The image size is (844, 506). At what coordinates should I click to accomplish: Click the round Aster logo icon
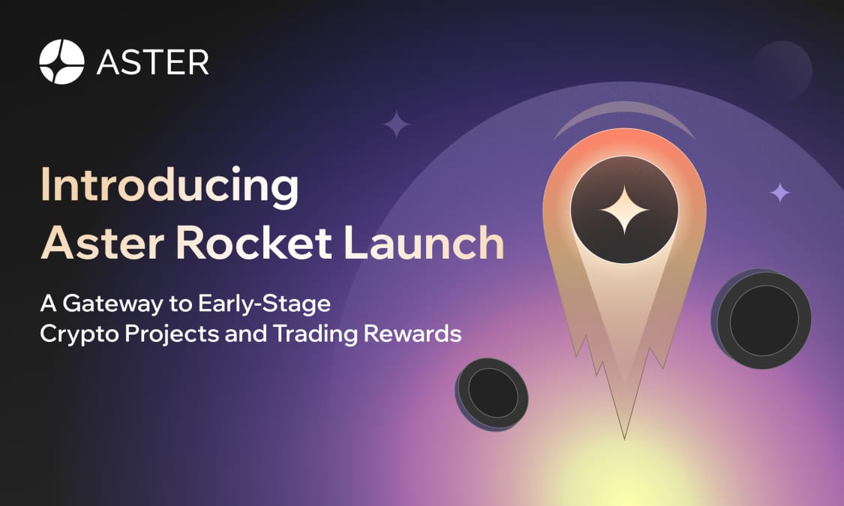(x=62, y=62)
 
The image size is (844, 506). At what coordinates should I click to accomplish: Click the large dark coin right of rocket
(x=763, y=320)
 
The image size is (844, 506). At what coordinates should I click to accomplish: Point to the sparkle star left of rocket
(x=396, y=124)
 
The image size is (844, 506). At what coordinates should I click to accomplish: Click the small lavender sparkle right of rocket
(x=780, y=193)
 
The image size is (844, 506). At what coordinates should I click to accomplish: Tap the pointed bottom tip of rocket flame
(x=624, y=437)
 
